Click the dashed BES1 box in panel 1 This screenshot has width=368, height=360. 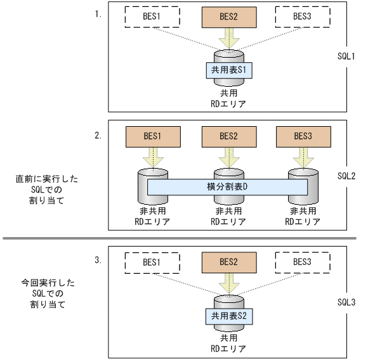pos(152,17)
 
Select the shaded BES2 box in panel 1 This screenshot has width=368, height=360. pos(227,17)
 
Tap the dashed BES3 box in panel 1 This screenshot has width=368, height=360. pos(302,17)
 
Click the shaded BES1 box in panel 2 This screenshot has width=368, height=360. pos(152,136)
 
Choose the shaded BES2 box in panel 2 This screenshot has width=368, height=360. pos(227,136)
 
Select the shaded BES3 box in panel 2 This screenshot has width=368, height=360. pos(302,136)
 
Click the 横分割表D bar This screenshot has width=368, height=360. pos(227,187)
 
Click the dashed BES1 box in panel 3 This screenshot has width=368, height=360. pos(152,261)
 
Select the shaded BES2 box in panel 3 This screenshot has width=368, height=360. pos(227,261)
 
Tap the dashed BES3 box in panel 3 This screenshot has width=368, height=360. pos(302,261)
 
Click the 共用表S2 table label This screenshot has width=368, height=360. pos(227,315)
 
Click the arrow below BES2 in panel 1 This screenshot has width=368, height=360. pos(227,38)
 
